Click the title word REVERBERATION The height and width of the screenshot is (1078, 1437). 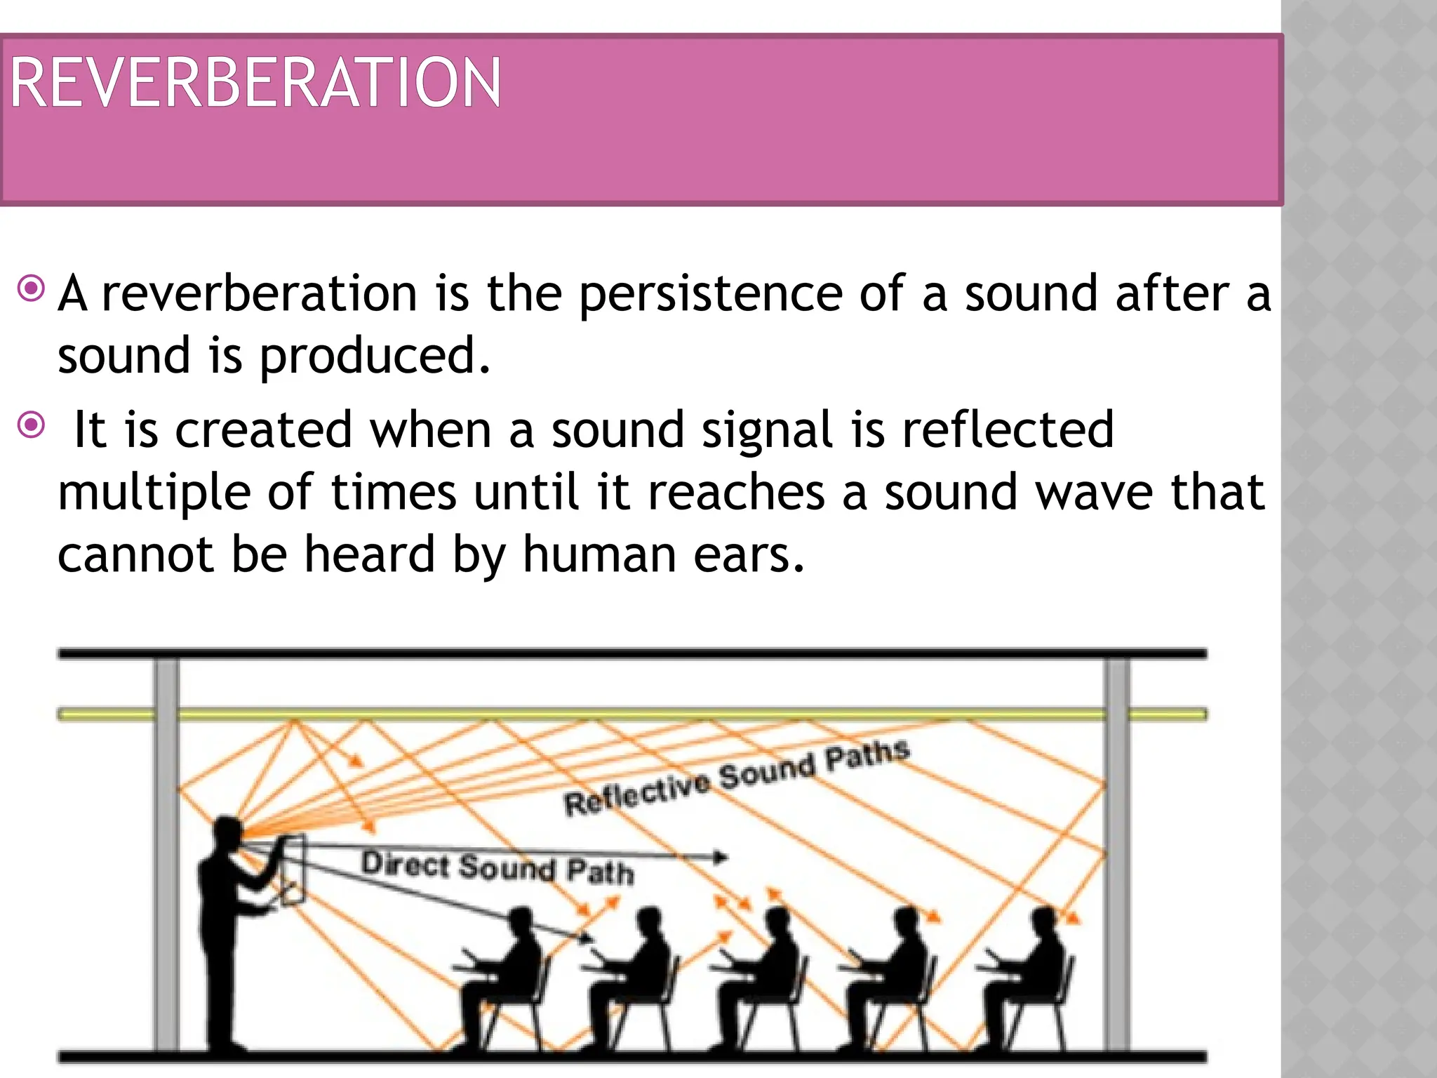(255, 84)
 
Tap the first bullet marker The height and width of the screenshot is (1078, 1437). (32, 288)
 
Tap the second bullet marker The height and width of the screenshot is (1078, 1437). (32, 425)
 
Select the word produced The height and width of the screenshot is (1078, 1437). (375, 357)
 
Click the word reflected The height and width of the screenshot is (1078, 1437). (1008, 430)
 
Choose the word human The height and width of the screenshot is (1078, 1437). (599, 554)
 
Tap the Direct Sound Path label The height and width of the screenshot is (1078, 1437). (497, 867)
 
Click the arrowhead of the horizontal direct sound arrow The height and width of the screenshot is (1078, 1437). (720, 857)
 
